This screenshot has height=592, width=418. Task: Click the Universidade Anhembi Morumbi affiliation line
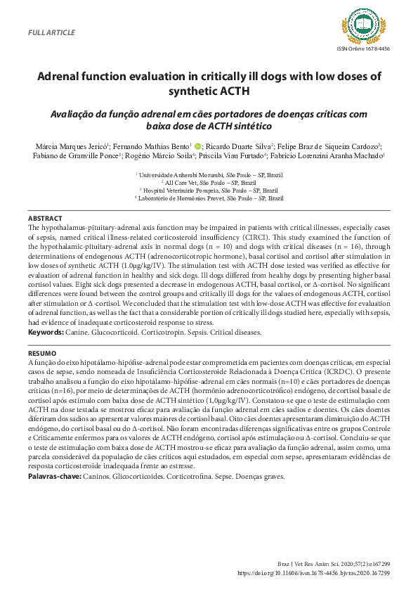pyautogui.click(x=209, y=173)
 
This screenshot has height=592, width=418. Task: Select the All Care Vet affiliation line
pyautogui.click(x=209, y=181)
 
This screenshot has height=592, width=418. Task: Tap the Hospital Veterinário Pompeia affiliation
pyautogui.click(x=209, y=190)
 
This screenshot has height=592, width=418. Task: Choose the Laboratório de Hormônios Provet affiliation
pyautogui.click(x=209, y=198)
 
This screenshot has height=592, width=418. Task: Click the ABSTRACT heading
pyautogui.click(x=46, y=219)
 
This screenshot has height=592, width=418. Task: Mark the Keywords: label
pyautogui.click(x=46, y=331)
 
